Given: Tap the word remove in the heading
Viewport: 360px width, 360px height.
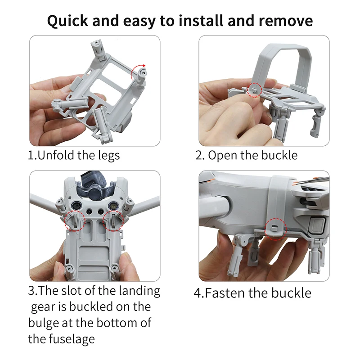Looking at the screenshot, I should coord(287,21).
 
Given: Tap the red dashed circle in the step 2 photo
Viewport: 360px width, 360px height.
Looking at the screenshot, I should coord(255,89).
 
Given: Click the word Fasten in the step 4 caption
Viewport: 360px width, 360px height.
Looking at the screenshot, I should coord(225,293).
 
